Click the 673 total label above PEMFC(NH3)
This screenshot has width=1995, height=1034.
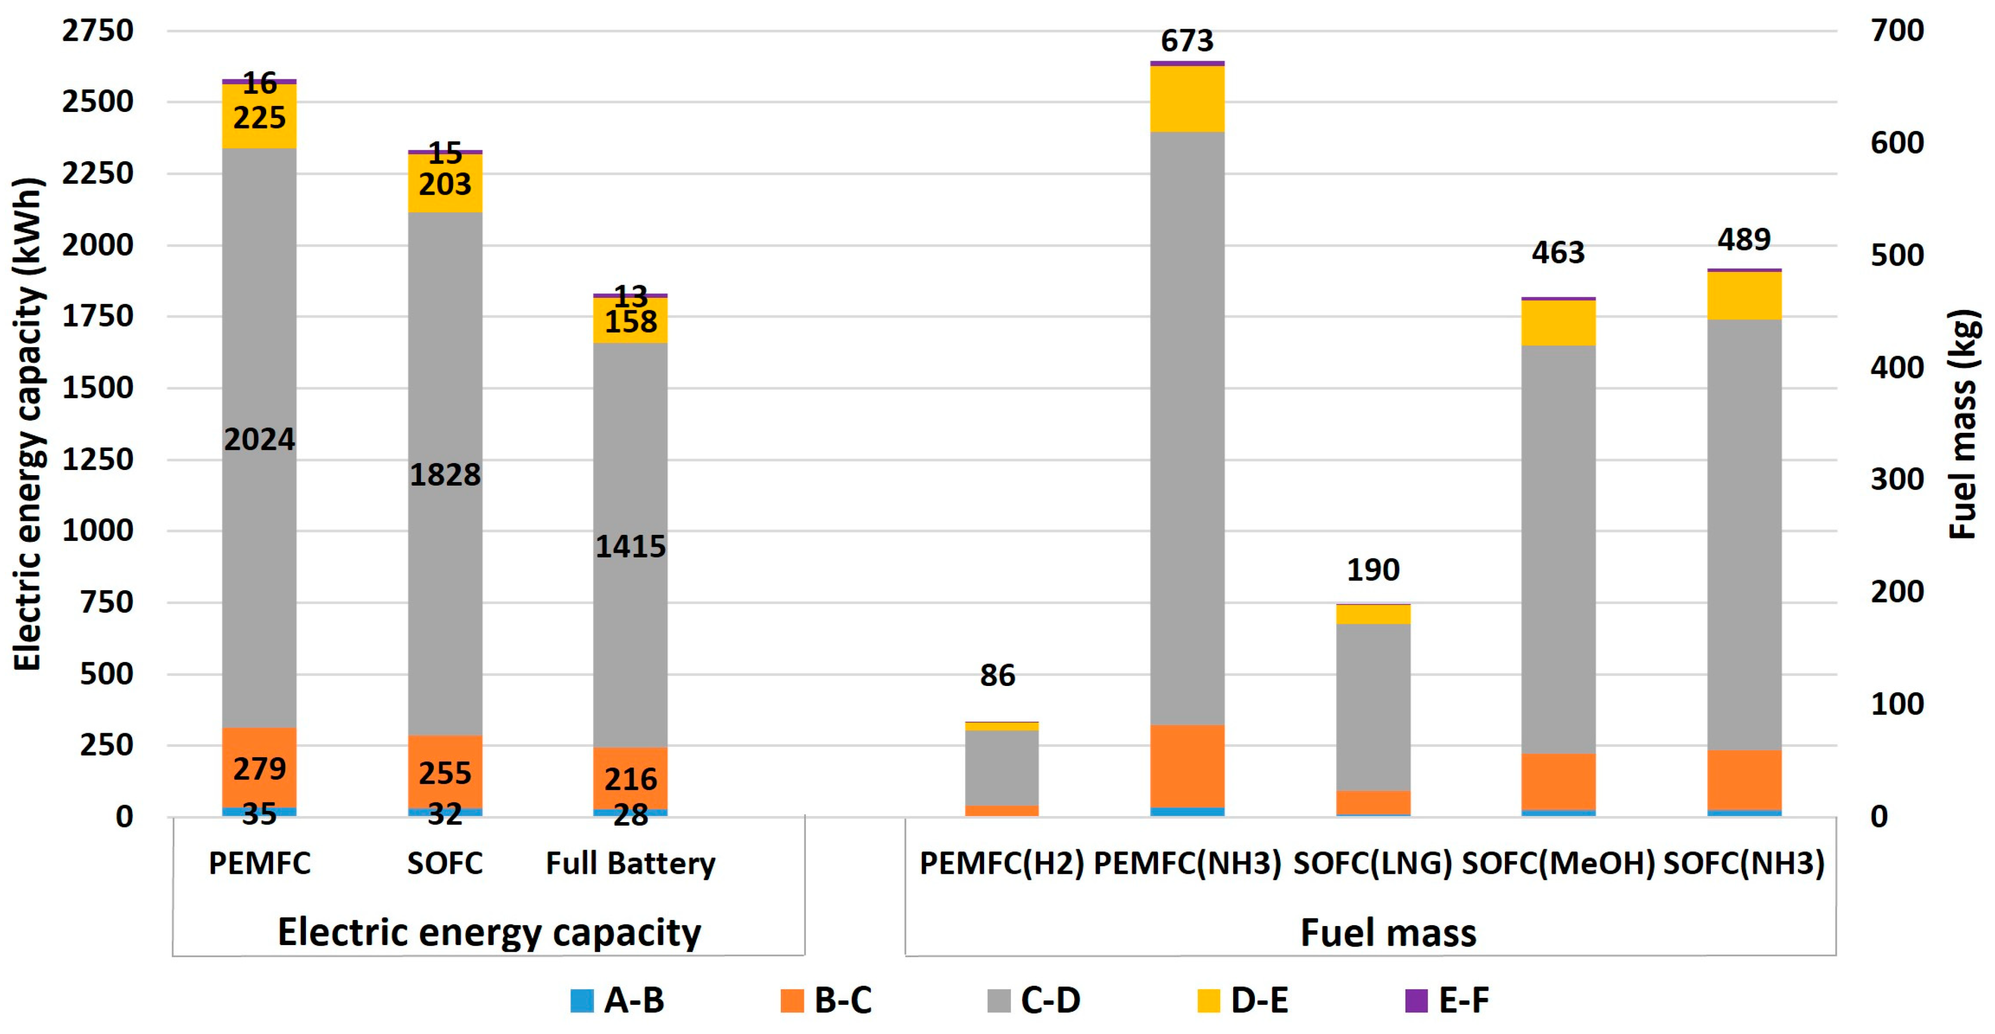click(1187, 40)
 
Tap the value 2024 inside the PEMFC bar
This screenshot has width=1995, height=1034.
click(260, 440)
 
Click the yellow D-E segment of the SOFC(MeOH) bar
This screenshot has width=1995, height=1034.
click(1558, 322)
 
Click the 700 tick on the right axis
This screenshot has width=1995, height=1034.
click(1897, 31)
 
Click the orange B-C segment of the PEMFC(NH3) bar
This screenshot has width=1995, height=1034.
click(1187, 765)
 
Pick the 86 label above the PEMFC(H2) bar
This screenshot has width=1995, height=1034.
click(997, 675)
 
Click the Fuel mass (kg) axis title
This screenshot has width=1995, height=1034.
click(1963, 424)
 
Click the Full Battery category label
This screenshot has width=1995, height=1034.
click(630, 863)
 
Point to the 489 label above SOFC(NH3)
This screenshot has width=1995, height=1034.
click(1744, 240)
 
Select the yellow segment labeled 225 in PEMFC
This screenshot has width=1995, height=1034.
click(260, 118)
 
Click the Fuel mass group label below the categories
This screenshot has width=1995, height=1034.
click(1388, 932)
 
